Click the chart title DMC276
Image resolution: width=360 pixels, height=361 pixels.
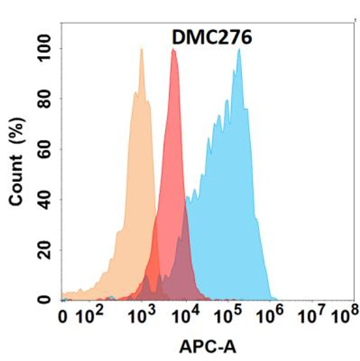pyautogui.click(x=210, y=38)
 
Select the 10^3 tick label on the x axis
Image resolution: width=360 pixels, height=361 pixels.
pyautogui.click(x=141, y=318)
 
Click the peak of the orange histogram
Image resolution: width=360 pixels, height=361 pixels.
pyautogui.click(x=141, y=50)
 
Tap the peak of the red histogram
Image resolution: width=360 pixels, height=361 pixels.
pyautogui.click(x=174, y=50)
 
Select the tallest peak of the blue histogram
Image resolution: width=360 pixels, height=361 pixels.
pyautogui.click(x=239, y=50)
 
